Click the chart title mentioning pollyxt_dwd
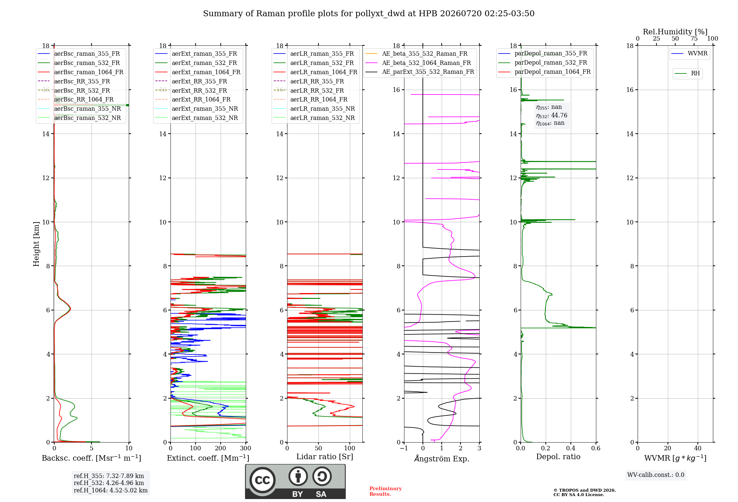(369, 14)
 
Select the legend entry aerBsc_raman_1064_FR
(80, 72)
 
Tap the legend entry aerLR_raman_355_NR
(314, 109)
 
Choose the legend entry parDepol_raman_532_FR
(543, 63)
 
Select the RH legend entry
(687, 73)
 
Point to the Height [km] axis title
(36, 244)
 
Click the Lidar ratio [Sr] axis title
(325, 457)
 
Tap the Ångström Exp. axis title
(442, 458)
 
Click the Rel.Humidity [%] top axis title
(675, 32)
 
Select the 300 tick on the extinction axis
(246, 448)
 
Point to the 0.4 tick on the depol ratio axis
(571, 448)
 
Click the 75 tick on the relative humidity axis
(694, 38)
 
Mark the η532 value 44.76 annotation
(552, 115)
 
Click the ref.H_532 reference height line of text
(109, 483)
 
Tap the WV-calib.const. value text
(656, 475)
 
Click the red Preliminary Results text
(386, 491)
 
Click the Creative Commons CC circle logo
(262, 480)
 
